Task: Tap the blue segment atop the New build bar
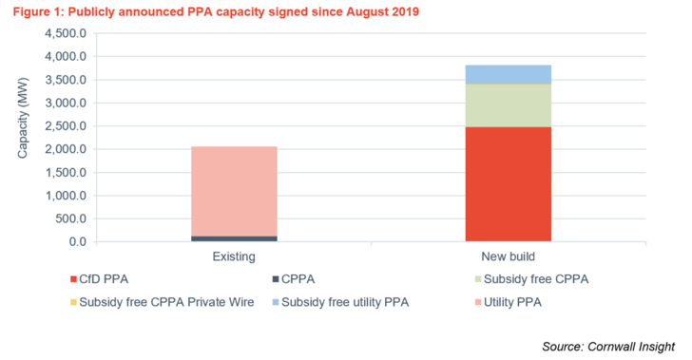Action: point(508,74)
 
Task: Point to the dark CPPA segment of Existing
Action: point(234,237)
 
